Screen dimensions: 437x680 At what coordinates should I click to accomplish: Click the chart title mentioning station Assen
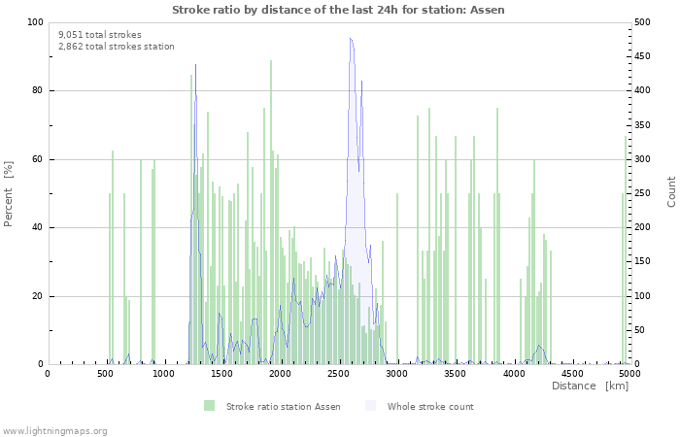coord(338,10)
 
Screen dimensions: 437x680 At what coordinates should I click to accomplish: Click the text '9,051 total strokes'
coord(100,35)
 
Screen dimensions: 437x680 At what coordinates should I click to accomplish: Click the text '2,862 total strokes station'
coord(117,47)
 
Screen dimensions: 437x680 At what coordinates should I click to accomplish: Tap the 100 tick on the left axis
coord(35,22)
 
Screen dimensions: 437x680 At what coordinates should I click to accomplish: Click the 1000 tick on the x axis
coord(164,373)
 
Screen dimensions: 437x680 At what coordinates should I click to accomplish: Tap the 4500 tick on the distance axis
coord(572,373)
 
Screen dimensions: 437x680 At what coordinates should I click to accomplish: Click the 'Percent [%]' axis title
coord(9,193)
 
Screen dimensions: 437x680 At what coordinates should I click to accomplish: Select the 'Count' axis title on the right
coord(671,191)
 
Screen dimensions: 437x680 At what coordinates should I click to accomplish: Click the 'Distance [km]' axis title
coord(590,387)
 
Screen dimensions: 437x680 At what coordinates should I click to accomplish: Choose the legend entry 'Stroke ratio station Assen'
coord(283,407)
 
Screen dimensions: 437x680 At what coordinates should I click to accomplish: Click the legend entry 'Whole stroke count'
coord(430,407)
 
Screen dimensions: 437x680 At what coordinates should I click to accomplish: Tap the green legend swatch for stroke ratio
coord(209,406)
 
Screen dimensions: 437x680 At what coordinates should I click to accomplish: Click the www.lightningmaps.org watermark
coord(55,430)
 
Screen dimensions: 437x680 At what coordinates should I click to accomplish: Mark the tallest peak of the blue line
coord(351,39)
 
